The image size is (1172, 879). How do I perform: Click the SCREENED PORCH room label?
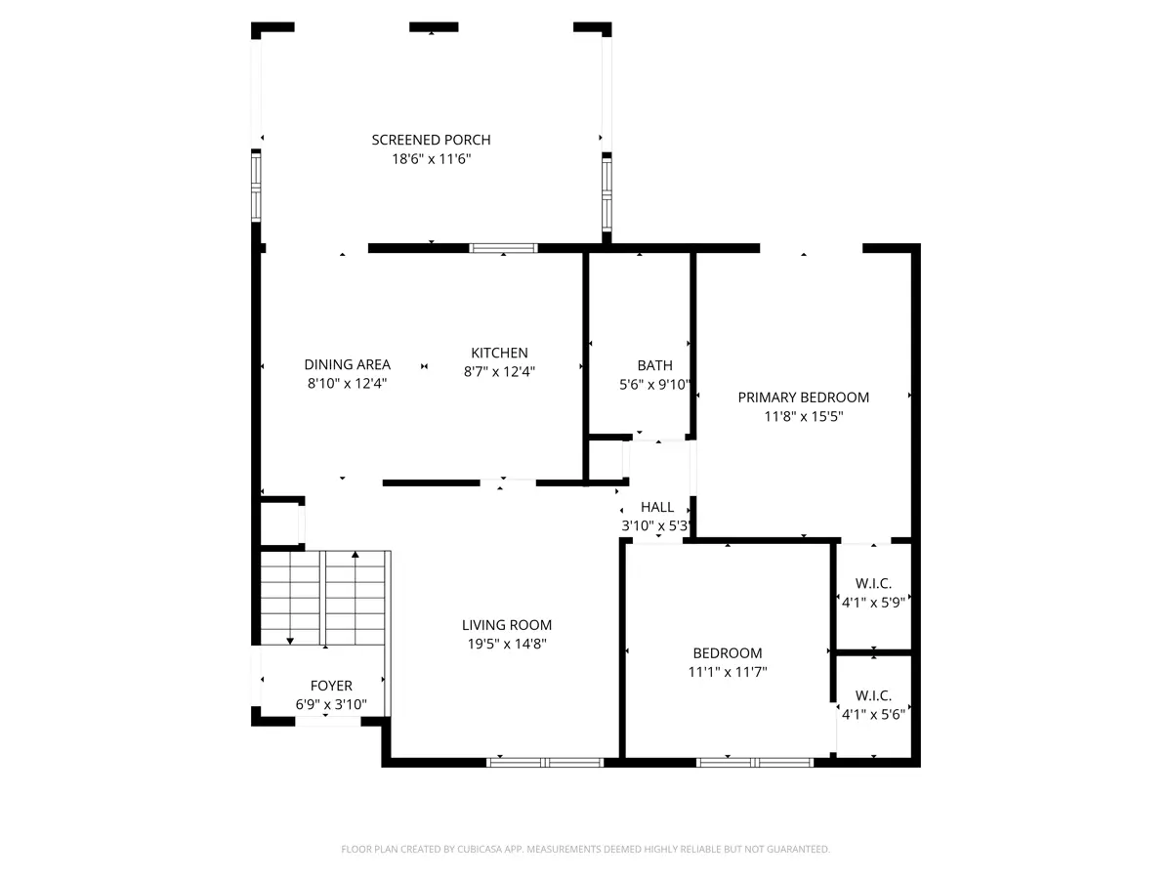pos(431,140)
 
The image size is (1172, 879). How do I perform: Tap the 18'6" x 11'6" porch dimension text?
pos(431,159)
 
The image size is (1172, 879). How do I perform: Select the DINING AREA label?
pos(347,364)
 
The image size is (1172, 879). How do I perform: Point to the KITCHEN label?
pos(499,353)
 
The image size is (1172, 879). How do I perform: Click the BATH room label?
pos(654,365)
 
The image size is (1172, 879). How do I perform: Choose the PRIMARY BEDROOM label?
pos(803,398)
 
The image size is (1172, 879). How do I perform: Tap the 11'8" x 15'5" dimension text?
pos(803,416)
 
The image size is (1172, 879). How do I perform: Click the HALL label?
pos(656,507)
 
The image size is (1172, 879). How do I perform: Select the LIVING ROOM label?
pos(507,625)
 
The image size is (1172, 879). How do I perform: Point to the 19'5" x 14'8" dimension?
pos(507,644)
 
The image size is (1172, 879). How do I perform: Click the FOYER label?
pos(331,686)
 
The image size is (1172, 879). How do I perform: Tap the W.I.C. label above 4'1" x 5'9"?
pos(873,583)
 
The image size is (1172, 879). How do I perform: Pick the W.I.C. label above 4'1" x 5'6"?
pos(873,695)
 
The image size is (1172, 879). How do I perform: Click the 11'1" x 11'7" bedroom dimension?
pos(728,672)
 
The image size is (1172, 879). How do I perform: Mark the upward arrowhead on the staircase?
pos(356,555)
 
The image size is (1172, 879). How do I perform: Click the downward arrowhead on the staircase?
pos(290,641)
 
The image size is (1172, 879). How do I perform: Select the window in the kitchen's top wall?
pos(503,248)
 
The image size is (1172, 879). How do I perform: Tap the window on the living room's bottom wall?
pos(545,763)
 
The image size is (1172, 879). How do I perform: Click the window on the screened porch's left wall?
pos(256,187)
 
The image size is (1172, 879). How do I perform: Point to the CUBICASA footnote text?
pos(585,849)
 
